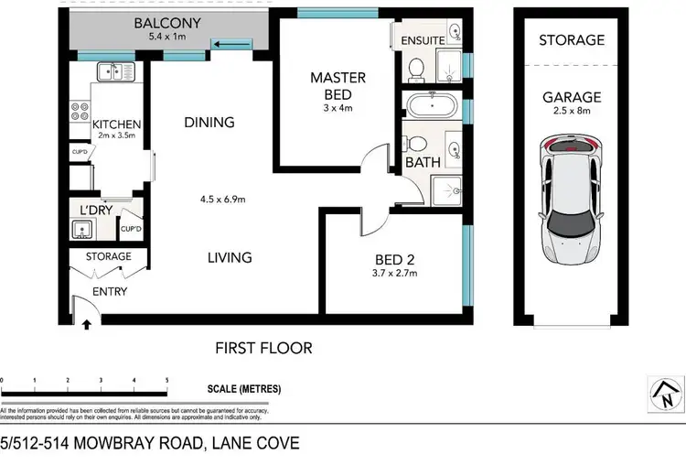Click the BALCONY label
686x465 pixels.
coord(166,23)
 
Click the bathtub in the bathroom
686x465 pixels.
coord(431,105)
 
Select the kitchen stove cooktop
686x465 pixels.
coord(77,112)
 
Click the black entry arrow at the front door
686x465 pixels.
coord(87,321)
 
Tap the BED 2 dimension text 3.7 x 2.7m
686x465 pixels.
coord(395,272)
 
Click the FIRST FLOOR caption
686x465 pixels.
coord(263,348)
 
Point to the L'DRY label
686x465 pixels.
coord(96,211)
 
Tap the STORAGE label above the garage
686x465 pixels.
coord(571,40)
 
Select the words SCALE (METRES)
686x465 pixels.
coord(244,389)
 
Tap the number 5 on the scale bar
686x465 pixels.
coord(166,379)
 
